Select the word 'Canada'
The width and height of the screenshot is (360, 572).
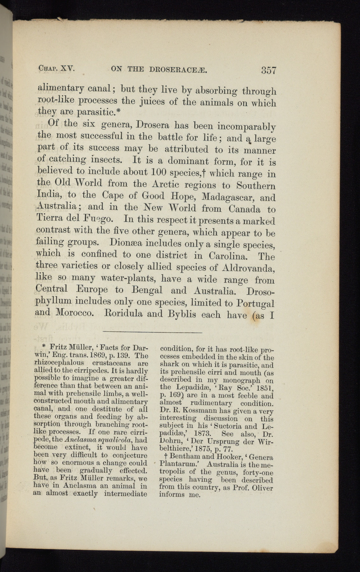pyautogui.click(x=244, y=209)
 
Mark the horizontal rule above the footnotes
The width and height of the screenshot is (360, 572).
pyautogui.click(x=153, y=332)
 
